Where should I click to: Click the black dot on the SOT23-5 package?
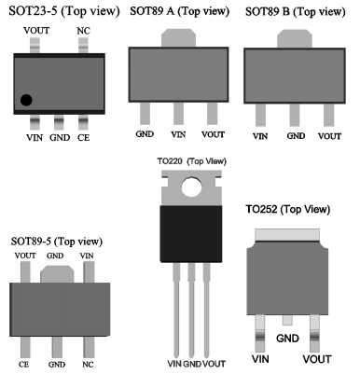(26, 100)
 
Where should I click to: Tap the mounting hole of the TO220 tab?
(191, 187)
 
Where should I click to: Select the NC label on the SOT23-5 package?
(83, 31)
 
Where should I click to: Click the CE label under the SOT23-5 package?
(83, 137)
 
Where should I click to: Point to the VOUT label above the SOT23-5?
(36, 31)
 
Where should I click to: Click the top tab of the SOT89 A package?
(178, 38)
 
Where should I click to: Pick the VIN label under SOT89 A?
(178, 134)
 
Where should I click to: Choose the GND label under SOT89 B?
(296, 136)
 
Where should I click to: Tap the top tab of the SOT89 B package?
(295, 39)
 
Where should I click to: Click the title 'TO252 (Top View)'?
(288, 209)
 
